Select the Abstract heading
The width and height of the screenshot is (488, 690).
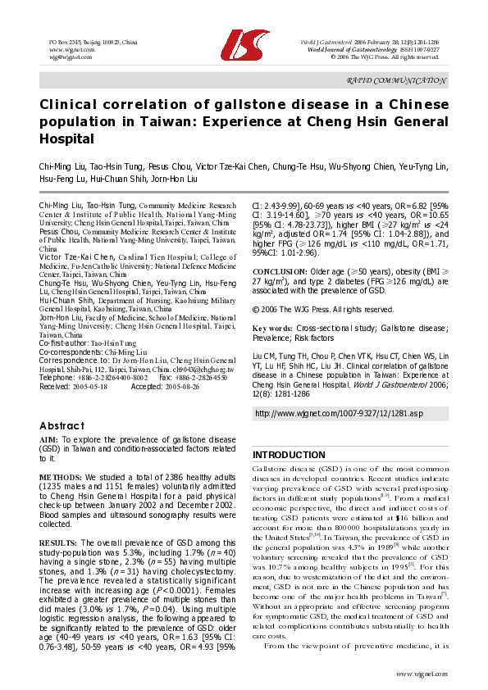click(62, 426)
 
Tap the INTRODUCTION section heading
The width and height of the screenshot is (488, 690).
click(289, 455)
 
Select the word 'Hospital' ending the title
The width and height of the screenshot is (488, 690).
click(67, 139)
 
